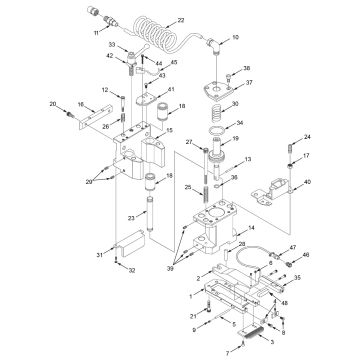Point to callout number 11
click(x=97, y=33)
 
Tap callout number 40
click(x=306, y=182)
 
